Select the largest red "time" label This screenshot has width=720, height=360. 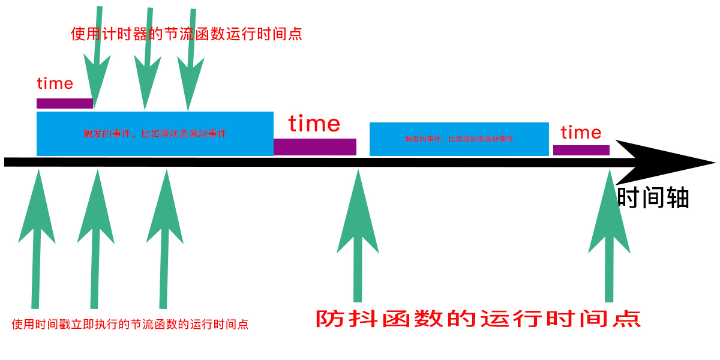click(314, 124)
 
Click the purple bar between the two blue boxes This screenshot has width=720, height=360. click(314, 147)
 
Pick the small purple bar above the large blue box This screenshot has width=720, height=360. click(65, 103)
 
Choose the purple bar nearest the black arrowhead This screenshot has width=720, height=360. click(581, 150)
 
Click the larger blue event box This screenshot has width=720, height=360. click(155, 133)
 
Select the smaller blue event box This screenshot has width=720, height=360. click(459, 139)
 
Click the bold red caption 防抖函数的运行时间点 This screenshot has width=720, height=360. click(478, 318)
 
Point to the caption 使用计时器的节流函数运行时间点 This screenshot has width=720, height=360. click(186, 34)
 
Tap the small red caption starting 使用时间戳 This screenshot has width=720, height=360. click(130, 325)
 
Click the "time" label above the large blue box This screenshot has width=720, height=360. click(55, 83)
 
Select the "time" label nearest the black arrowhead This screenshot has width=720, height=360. click(581, 132)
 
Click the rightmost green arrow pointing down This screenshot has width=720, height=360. click(191, 60)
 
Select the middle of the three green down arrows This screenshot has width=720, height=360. click(148, 60)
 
